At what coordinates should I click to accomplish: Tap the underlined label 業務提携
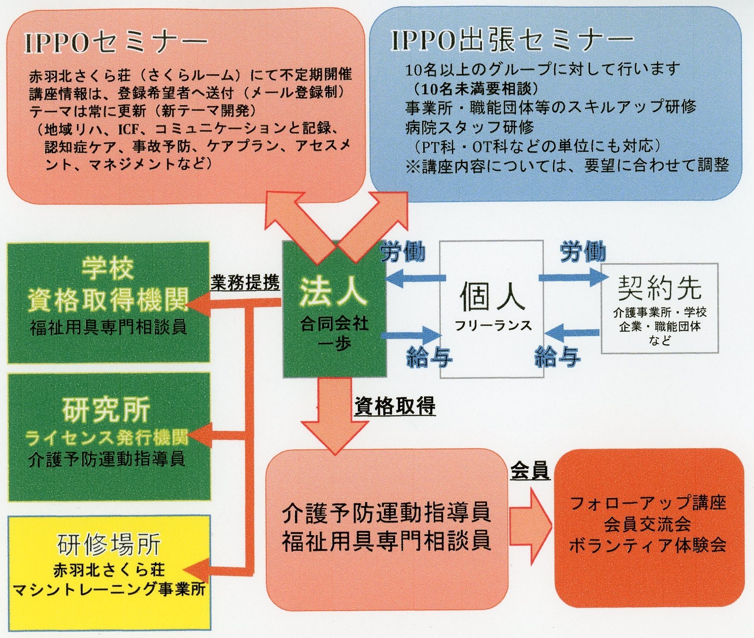coord(245,282)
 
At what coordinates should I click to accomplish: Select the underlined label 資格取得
coord(395,406)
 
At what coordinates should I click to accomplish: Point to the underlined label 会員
coord(530,471)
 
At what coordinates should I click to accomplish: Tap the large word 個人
coord(492,297)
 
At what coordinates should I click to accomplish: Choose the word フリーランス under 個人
coord(493,326)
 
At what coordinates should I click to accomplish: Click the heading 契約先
coord(659,288)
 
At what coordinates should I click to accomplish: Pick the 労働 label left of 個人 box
coord(403,252)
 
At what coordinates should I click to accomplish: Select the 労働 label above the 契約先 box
coord(583,252)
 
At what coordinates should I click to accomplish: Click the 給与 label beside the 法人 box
coord(429,357)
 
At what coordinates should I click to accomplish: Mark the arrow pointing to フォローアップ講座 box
coord(530,526)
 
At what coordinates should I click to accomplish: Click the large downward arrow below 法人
coord(335,415)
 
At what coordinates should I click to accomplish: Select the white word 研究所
coord(107,410)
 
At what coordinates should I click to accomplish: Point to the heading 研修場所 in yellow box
coord(109,544)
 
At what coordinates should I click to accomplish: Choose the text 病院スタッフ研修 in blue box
coord(469,128)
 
